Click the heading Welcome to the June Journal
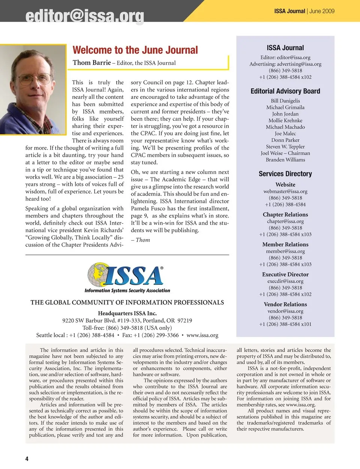click(135, 50)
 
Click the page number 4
click(27, 459)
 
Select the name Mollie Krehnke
click(285, 120)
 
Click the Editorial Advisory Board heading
click(285, 91)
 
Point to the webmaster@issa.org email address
click(285, 191)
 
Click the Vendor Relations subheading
click(285, 304)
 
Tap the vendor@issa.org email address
click(285, 311)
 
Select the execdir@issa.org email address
click(285, 281)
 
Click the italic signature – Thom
click(141, 240)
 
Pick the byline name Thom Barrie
click(92, 63)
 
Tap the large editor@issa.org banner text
click(85, 16)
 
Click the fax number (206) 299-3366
click(160, 335)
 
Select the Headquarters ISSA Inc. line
click(127, 313)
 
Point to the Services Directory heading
click(285, 174)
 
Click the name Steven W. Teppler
click(285, 147)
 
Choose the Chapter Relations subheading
click(285, 214)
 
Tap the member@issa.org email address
click(285, 251)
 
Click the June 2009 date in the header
click(322, 11)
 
